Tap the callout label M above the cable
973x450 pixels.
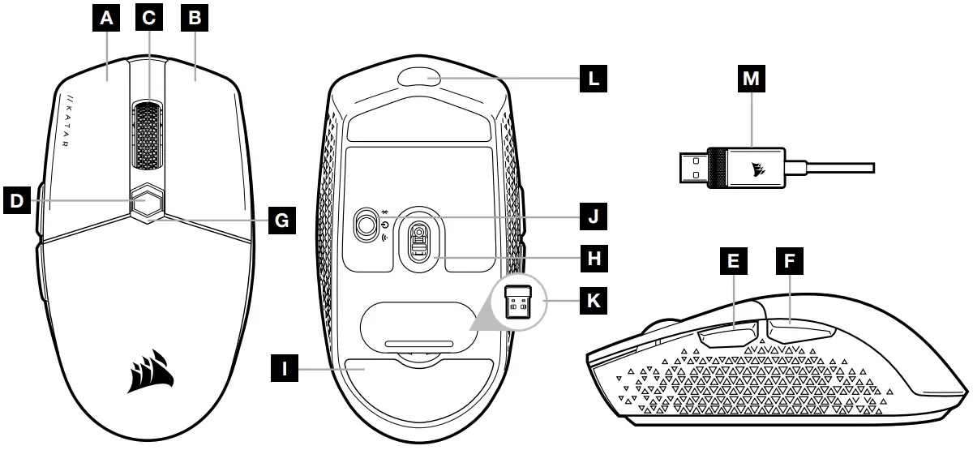click(752, 79)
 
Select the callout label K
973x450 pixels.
click(590, 302)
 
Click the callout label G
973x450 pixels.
click(281, 219)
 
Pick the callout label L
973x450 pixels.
click(592, 79)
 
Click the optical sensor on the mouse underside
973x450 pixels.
click(418, 241)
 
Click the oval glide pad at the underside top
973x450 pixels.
click(419, 78)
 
